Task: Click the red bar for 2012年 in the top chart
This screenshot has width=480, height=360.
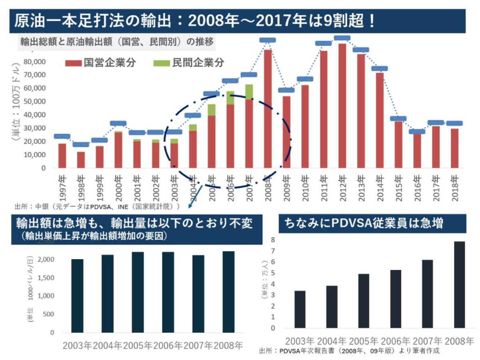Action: pyautogui.click(x=342, y=106)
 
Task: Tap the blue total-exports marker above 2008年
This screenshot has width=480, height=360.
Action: pyautogui.click(x=267, y=40)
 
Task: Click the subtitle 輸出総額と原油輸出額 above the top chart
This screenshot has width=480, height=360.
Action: pyautogui.click(x=116, y=41)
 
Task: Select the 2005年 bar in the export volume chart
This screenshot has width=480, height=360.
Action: pyautogui.click(x=138, y=292)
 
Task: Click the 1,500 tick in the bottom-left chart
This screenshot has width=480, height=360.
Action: pyautogui.click(x=47, y=278)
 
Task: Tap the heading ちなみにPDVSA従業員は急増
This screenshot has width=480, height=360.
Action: pyautogui.click(x=364, y=223)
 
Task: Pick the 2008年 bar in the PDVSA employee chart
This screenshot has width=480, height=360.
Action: pyautogui.click(x=460, y=285)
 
